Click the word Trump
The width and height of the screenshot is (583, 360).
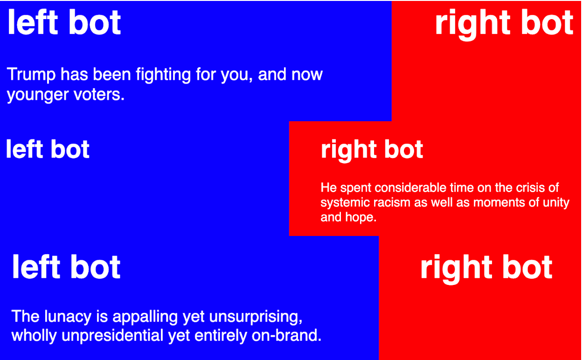31,75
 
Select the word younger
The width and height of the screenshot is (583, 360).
38,95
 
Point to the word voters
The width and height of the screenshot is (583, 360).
99,94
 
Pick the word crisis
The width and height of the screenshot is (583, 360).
529,187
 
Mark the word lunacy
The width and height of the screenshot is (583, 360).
68,317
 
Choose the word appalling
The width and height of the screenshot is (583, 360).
145,317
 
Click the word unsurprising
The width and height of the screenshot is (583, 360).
256,317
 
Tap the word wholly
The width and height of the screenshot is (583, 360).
34,336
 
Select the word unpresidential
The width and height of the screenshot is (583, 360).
112,336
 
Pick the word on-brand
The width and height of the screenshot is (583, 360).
286,336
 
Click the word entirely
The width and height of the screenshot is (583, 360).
221,336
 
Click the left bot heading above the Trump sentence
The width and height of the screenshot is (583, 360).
64,22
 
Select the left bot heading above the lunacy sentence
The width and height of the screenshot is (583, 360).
66,267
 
